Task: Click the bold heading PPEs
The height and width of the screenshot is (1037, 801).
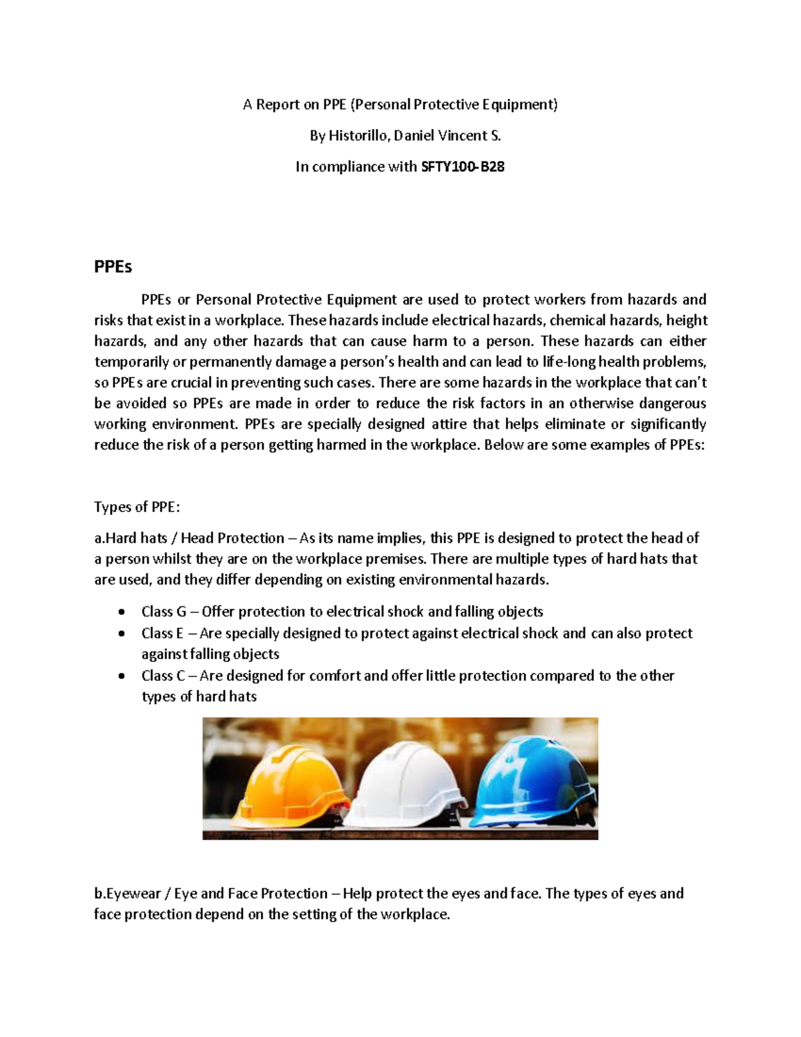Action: point(113,267)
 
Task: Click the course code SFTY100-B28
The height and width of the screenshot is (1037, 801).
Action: point(462,167)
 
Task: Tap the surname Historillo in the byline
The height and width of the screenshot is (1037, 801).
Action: point(357,136)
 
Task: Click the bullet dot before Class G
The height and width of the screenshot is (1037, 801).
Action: point(120,612)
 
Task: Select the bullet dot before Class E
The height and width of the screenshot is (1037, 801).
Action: point(120,634)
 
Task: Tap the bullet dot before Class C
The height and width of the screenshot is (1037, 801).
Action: point(120,676)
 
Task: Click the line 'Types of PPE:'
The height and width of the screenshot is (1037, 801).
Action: point(137,507)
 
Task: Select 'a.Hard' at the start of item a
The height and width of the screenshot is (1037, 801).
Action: point(115,538)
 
